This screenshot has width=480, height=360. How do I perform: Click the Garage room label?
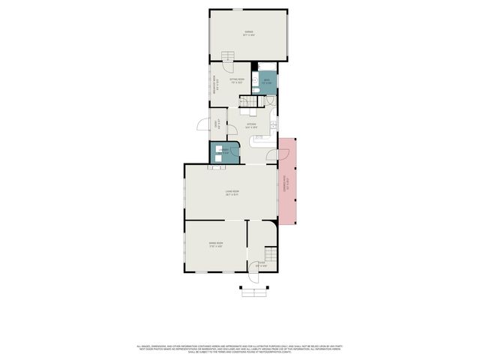(247, 33)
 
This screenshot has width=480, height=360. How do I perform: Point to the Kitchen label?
(241, 125)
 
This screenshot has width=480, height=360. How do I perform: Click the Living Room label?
(232, 193)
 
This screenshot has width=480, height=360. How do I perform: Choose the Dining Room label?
(215, 244)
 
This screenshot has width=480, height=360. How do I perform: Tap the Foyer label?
(261, 264)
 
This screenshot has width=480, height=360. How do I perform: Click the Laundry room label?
(223, 151)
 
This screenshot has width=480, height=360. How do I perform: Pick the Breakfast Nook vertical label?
(214, 84)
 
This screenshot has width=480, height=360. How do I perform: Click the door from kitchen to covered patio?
(271, 156)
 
